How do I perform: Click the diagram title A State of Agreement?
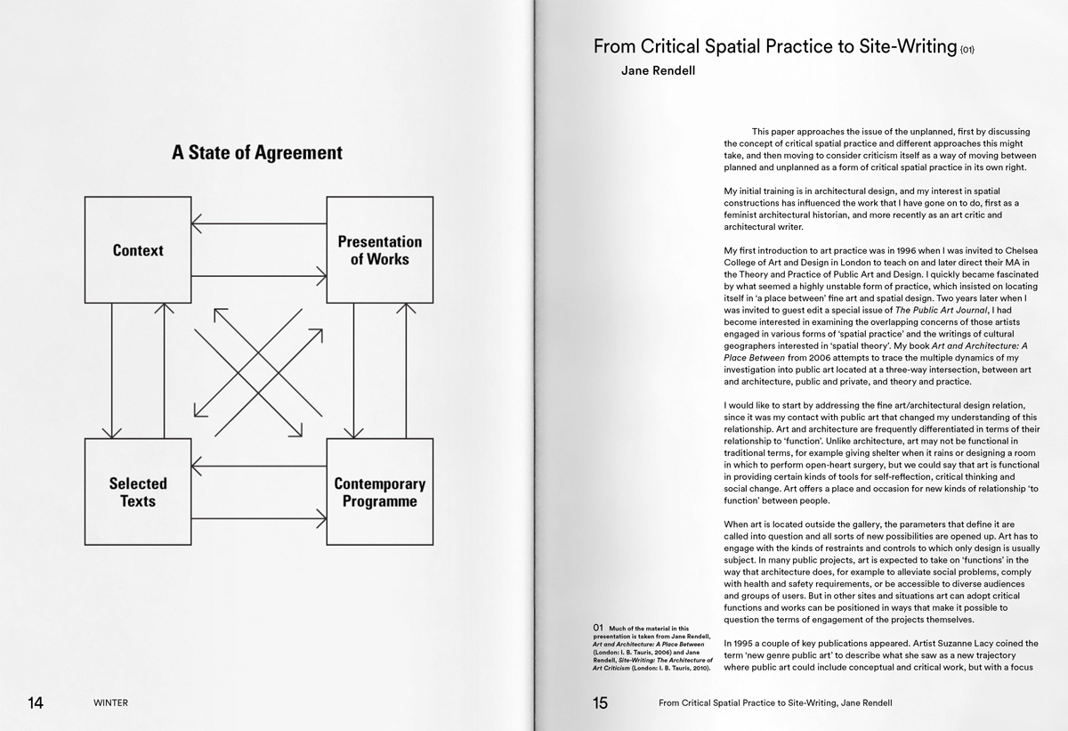point(257,152)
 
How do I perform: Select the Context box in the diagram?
point(138,250)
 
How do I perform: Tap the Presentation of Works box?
point(379,250)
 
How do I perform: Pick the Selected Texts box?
point(138,491)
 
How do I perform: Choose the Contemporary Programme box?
point(379,491)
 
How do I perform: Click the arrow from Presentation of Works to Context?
point(258,223)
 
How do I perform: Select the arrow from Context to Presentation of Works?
point(258,277)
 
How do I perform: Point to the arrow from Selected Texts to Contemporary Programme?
point(258,518)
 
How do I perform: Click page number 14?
point(36,703)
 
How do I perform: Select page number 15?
point(600,703)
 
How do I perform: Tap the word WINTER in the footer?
point(110,703)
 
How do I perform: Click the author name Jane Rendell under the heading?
point(658,70)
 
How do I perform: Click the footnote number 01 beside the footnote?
point(598,628)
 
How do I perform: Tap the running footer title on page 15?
point(775,703)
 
